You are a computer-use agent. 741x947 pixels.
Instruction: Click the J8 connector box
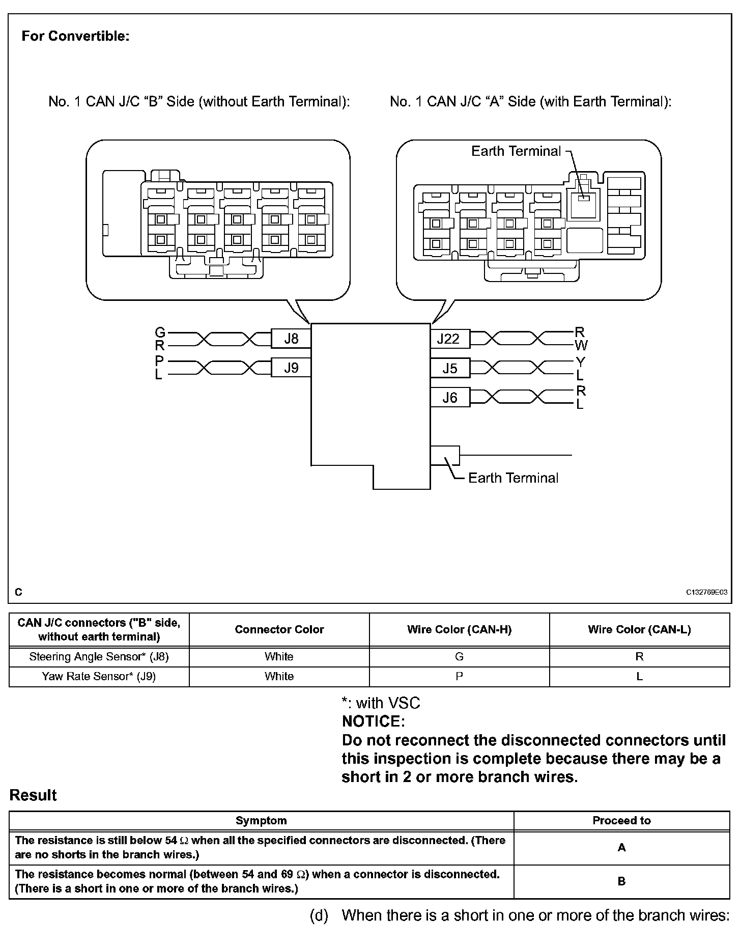(291, 339)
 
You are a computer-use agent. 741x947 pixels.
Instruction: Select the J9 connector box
(291, 368)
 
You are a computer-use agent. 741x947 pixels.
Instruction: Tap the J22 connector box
(449, 339)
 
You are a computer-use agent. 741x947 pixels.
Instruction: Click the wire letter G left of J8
(160, 333)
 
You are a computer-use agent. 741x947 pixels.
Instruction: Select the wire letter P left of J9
(159, 361)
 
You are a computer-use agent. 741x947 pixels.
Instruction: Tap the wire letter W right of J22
(581, 346)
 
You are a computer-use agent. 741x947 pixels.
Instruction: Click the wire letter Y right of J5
(581, 362)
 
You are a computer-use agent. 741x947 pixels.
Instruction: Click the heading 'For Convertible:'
(75, 37)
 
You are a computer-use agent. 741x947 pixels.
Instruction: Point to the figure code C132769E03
(706, 592)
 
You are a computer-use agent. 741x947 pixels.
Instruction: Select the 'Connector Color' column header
(279, 630)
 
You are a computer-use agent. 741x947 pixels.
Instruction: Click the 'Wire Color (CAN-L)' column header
(639, 630)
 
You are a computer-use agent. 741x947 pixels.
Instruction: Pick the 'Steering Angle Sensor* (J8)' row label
(99, 657)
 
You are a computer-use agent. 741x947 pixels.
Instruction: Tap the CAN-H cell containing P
(459, 677)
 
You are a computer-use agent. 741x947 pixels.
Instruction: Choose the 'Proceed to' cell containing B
(621, 881)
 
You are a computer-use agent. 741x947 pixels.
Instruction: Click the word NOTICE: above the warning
(373, 721)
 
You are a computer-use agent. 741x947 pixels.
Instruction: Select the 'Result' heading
(33, 795)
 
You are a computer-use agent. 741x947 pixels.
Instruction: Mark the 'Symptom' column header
(261, 821)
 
